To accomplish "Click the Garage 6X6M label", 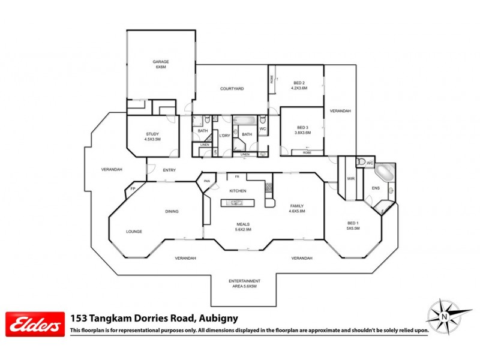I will (x=160, y=64).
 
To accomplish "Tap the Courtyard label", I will (x=232, y=89).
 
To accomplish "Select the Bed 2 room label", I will (x=299, y=85).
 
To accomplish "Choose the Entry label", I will (x=169, y=170).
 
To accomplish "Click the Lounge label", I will (x=134, y=231).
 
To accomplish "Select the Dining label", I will (x=173, y=211).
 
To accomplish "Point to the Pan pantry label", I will (x=207, y=181).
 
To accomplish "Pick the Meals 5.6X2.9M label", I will (x=242, y=227).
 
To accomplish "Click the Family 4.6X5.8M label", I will (x=297, y=208).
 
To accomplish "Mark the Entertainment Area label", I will (x=244, y=283).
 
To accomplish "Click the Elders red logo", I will (x=34, y=324).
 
